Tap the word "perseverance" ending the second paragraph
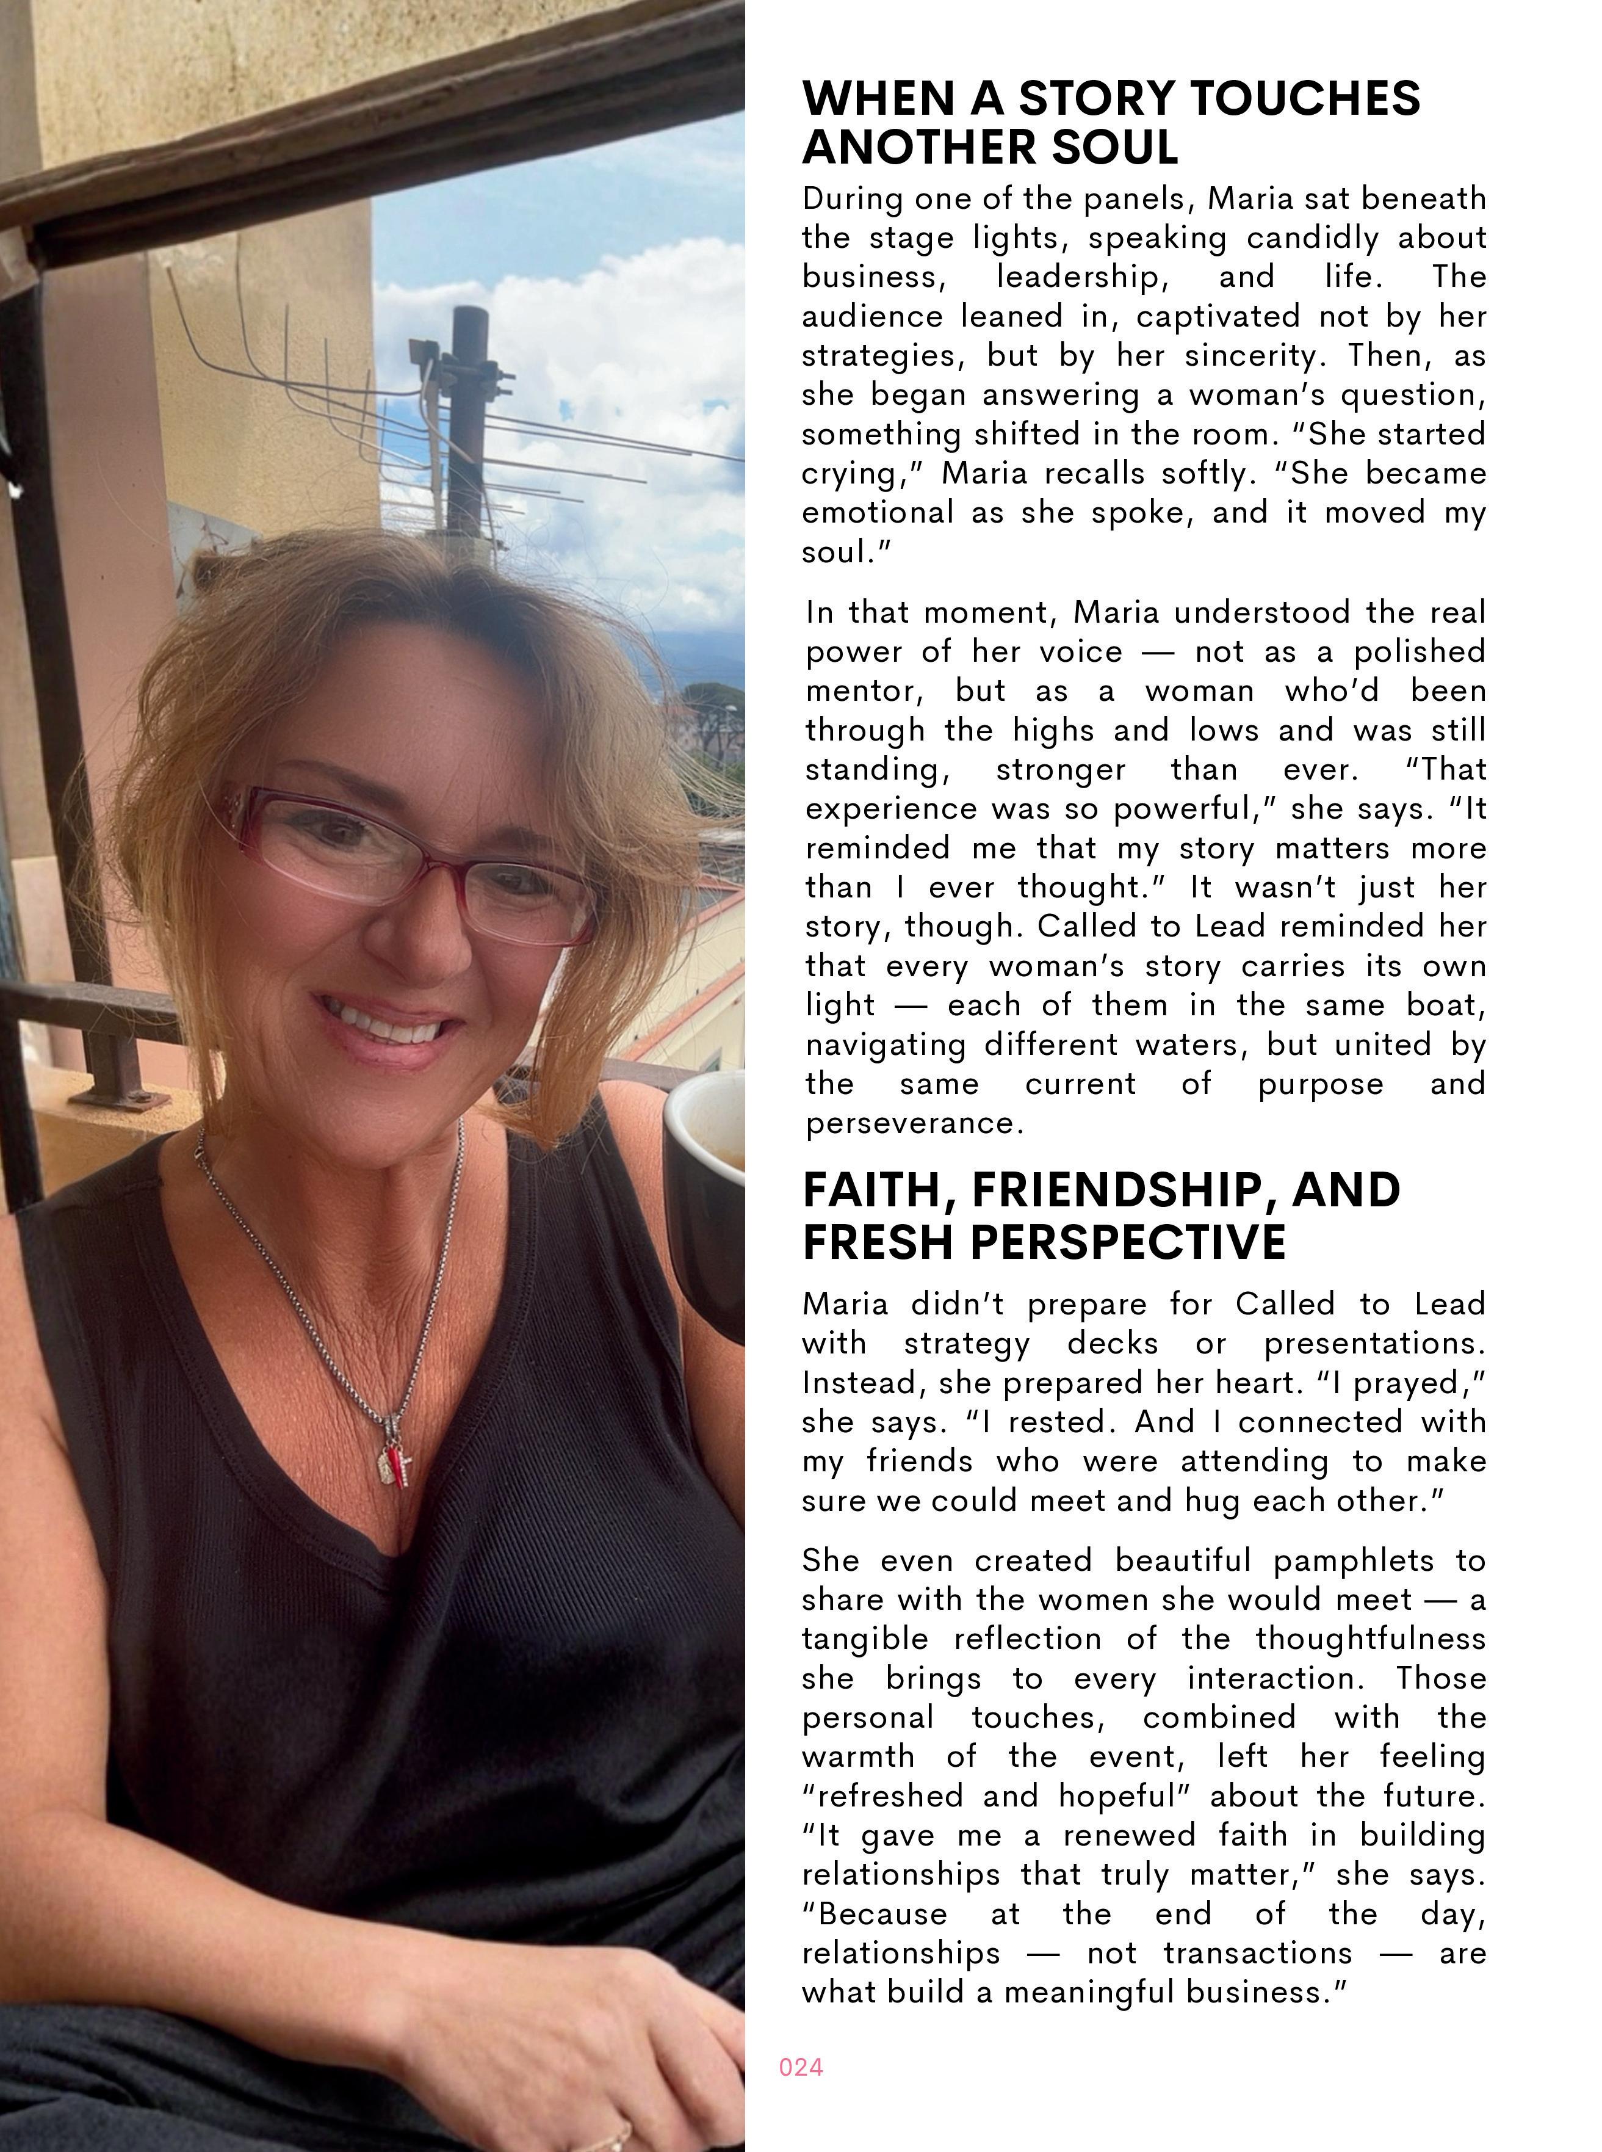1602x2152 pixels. tap(914, 1123)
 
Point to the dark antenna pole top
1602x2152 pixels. tap(469, 320)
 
